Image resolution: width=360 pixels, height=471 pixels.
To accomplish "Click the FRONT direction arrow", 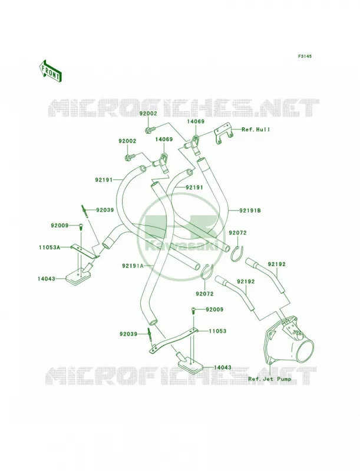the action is [x=50, y=71].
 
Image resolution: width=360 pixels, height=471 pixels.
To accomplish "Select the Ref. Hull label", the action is [x=256, y=130].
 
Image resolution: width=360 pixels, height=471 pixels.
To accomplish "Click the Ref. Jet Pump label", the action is [x=269, y=379].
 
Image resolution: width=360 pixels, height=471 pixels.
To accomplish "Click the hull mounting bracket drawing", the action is [x=223, y=135].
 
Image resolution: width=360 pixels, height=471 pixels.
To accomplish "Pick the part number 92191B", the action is [x=250, y=211].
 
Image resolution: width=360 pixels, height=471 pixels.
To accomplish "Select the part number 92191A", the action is [x=132, y=266].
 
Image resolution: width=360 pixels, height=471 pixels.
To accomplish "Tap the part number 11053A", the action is [x=49, y=247].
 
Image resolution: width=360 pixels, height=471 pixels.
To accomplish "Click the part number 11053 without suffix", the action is [x=217, y=331].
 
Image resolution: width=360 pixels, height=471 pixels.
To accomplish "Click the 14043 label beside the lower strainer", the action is [x=223, y=367].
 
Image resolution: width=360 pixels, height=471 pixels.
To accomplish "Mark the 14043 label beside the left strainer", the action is [x=47, y=278].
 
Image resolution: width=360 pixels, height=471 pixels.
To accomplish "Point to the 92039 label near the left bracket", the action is [x=105, y=210].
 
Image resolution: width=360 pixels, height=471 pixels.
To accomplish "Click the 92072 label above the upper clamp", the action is [x=237, y=233].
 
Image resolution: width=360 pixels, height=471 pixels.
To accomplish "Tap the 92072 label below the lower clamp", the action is [x=204, y=294].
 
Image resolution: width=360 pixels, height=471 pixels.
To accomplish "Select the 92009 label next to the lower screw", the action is [x=214, y=310].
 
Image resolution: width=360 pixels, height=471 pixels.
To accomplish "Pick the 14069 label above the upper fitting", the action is [x=196, y=122].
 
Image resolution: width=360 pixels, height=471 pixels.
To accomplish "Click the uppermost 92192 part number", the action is [x=277, y=264].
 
